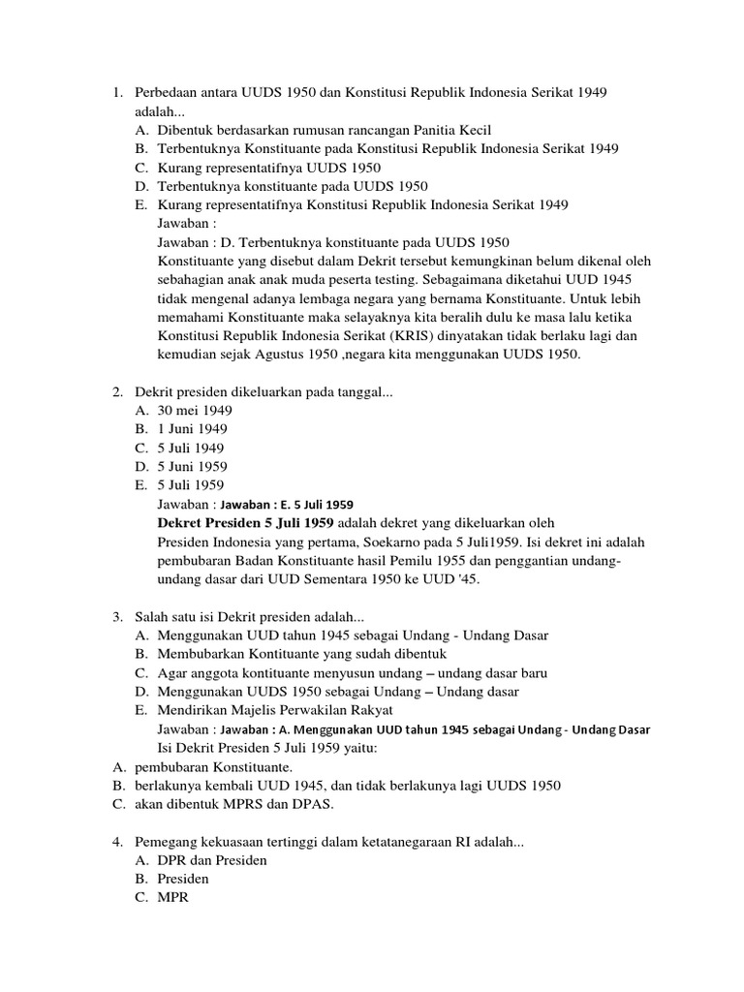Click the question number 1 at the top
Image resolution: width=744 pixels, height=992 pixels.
pyautogui.click(x=115, y=92)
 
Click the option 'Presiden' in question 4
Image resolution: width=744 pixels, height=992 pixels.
pyautogui.click(x=183, y=879)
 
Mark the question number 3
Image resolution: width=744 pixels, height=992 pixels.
pyautogui.click(x=115, y=616)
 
